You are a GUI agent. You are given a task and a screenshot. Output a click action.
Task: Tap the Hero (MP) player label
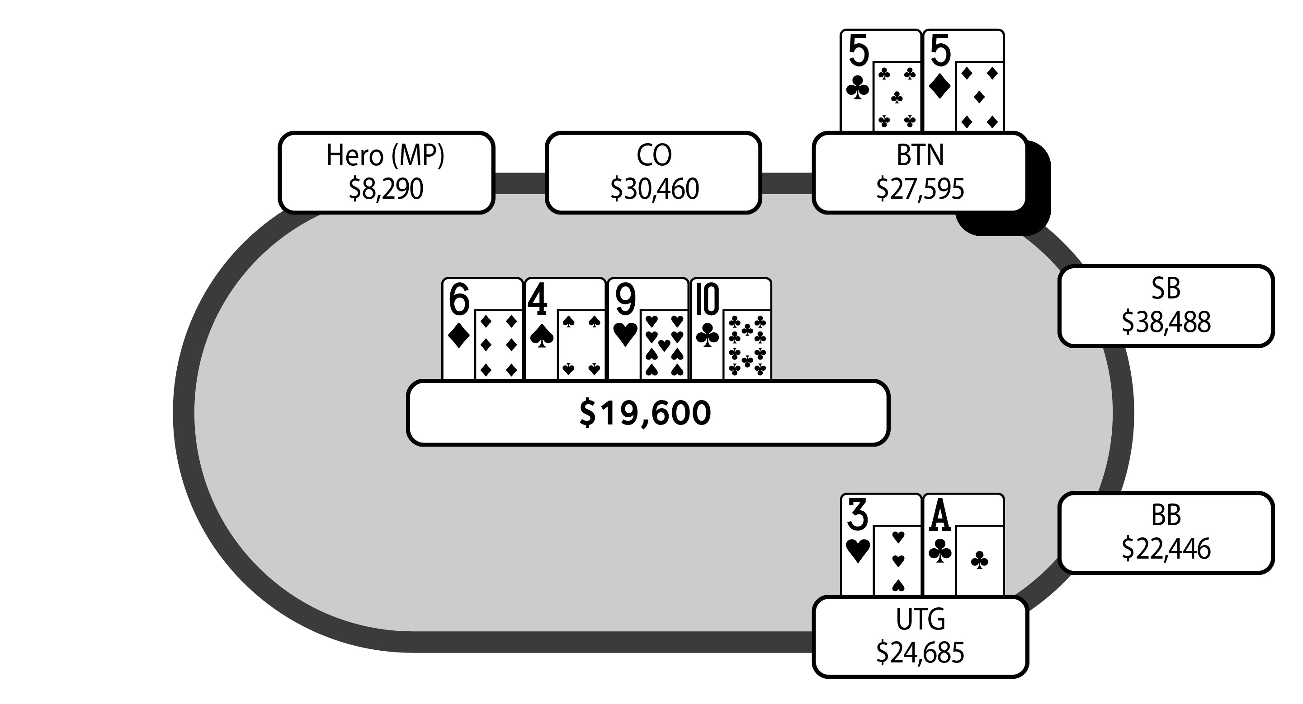pos(386,155)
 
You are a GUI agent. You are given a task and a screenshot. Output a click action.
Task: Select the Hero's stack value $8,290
pos(386,189)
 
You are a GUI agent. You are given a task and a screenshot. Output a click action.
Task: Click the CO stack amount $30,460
pos(654,189)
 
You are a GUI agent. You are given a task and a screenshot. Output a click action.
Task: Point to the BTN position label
pos(920,155)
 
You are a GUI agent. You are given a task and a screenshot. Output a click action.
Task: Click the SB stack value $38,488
pos(1166,322)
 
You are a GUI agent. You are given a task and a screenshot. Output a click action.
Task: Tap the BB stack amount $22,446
pos(1166,549)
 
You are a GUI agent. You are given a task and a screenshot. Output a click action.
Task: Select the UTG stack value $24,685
pos(920,653)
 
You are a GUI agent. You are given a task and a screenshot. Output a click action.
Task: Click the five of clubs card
pos(881,81)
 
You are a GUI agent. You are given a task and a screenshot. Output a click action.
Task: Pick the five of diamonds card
pos(963,81)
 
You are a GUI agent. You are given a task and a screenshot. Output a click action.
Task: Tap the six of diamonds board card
pos(482,328)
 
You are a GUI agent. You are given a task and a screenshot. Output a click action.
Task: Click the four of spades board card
pos(565,328)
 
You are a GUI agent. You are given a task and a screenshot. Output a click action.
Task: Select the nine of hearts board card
pos(648,328)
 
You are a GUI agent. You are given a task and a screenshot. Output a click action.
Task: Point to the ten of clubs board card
pos(731,328)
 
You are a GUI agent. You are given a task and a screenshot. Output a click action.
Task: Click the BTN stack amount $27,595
pos(920,189)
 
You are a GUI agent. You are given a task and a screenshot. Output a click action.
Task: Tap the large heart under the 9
pos(625,335)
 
